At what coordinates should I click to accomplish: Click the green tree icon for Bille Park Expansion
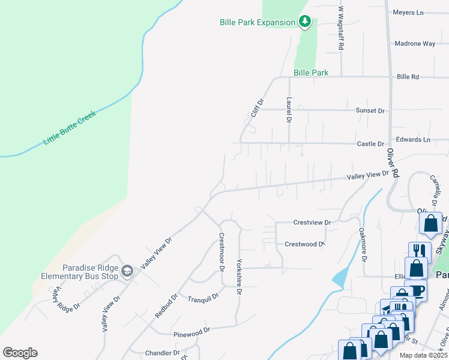[x=305, y=22]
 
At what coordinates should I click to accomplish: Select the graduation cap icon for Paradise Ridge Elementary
[x=127, y=271]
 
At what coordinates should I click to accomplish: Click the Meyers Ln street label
[x=408, y=12]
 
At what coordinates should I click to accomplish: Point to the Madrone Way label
[x=415, y=44]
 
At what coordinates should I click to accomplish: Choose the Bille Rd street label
[x=408, y=77]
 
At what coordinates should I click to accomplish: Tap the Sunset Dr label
[x=370, y=110]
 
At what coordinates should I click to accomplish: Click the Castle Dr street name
[x=370, y=144]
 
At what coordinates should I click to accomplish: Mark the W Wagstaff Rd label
[x=340, y=28]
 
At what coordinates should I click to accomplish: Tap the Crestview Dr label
[x=312, y=223]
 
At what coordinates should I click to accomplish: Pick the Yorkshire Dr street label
[x=239, y=277]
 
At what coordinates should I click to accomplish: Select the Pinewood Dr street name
[x=191, y=330]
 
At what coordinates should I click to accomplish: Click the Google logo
[x=20, y=353]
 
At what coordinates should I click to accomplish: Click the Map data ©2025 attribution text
[x=423, y=355]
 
